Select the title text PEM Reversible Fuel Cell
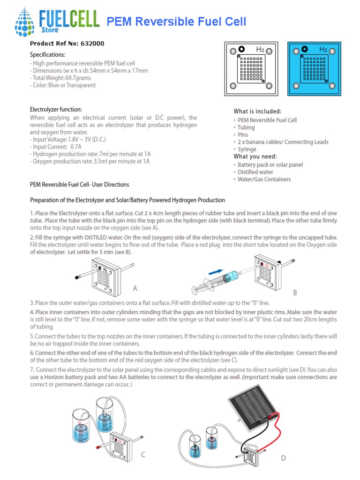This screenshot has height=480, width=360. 177,22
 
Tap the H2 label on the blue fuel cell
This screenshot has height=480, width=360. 323,49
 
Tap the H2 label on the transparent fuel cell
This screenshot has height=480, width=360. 260,49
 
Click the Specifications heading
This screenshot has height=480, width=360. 47,55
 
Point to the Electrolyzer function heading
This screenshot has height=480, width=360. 56,109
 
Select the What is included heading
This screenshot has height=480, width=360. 257,112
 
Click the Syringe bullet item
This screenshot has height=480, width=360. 247,149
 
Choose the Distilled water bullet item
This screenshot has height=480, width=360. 255,172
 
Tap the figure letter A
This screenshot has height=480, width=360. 135,288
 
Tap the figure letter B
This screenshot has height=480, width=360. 295,292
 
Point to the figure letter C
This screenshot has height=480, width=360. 143,455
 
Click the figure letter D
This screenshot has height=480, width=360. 283,458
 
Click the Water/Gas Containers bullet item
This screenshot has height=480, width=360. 264,180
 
